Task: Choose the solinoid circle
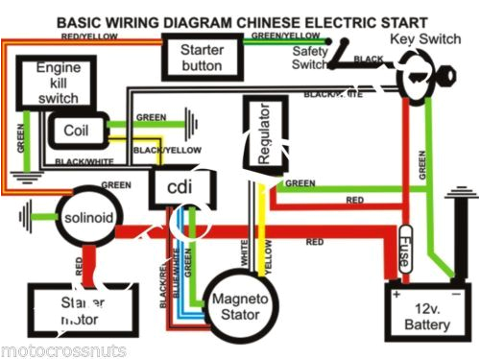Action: pyautogui.click(x=88, y=218)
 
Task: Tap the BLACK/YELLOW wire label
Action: pyautogui.click(x=158, y=151)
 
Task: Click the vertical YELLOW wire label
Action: pyautogui.click(x=269, y=258)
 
